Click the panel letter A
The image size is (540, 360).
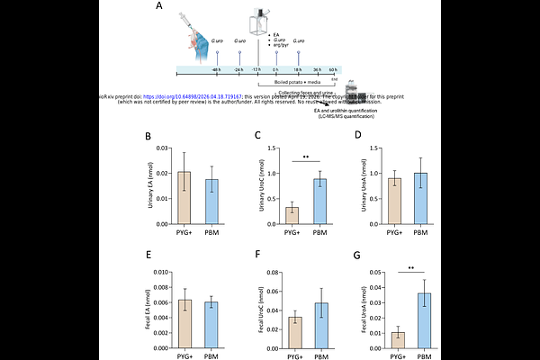coord(158,7)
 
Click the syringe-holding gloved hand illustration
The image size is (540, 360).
coord(199,31)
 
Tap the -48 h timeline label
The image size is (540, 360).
coord(216,69)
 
